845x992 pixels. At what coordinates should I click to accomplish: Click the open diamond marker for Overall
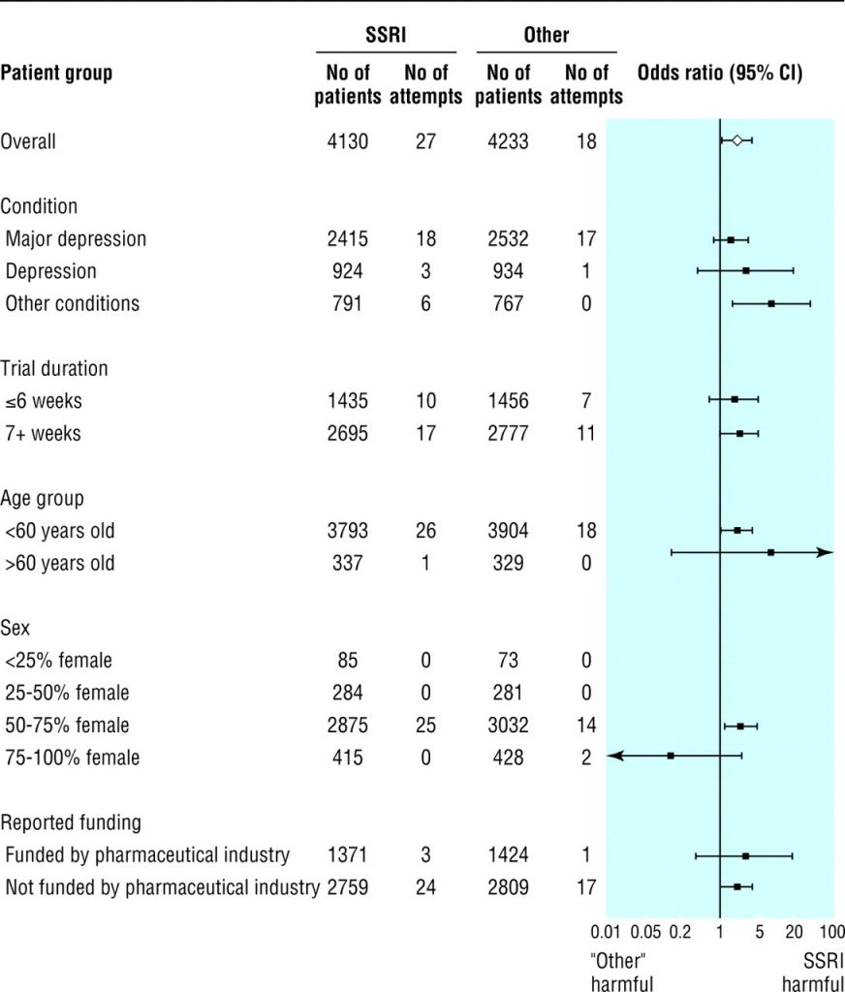(x=737, y=141)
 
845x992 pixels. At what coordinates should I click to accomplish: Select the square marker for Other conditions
(x=771, y=303)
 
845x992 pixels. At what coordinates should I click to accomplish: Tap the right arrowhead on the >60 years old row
(x=826, y=552)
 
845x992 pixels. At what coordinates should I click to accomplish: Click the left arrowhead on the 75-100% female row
(x=614, y=756)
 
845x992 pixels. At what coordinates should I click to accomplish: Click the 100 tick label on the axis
(x=831, y=932)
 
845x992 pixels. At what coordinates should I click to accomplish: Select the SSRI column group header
(x=385, y=36)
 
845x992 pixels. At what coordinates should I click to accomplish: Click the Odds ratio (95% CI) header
(x=719, y=74)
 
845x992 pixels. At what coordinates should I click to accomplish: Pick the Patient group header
(x=56, y=74)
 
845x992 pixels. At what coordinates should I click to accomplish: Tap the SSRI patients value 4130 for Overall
(x=348, y=141)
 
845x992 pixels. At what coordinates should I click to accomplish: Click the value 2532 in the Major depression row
(x=509, y=238)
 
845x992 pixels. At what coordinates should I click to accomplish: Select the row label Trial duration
(x=54, y=368)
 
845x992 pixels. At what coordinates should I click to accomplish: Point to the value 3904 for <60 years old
(x=509, y=531)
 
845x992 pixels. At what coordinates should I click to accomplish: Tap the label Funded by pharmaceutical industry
(x=147, y=855)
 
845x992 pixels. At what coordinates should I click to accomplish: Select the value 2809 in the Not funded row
(x=509, y=887)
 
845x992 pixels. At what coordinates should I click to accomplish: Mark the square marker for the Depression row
(x=745, y=270)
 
